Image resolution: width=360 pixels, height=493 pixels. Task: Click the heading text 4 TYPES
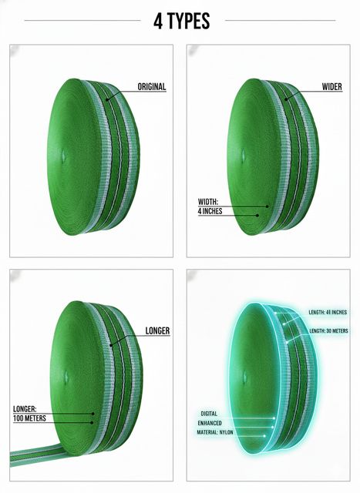point(182,21)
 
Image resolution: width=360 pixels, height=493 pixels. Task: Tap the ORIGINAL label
point(152,87)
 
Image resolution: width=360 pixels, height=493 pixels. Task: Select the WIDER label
point(331,87)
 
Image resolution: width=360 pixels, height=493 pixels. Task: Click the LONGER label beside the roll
point(157,330)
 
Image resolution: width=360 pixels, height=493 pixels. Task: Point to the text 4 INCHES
point(210,211)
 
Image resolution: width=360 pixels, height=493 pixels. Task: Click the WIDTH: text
point(207,202)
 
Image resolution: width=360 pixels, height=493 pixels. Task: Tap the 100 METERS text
point(29,418)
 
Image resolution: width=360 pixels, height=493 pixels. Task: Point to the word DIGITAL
point(209,414)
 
